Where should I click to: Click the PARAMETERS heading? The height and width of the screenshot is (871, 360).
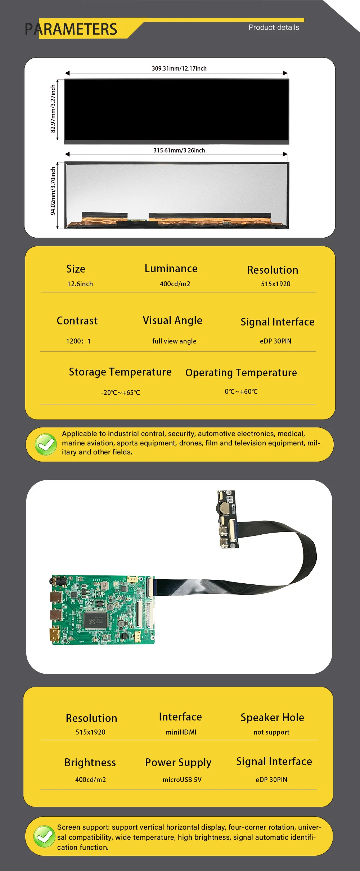click(71, 29)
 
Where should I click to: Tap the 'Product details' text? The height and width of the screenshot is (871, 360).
click(274, 27)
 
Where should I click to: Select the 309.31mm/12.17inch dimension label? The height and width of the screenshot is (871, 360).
click(179, 68)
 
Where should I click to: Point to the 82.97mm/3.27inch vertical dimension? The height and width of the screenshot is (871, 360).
click(53, 109)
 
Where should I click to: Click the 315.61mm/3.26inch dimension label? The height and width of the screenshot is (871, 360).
click(179, 150)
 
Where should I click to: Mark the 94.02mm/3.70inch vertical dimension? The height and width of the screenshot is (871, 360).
click(53, 190)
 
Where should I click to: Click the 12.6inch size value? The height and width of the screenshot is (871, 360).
click(80, 284)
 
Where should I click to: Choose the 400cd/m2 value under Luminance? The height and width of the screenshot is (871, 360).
click(175, 284)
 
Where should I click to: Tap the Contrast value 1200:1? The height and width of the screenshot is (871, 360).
click(78, 341)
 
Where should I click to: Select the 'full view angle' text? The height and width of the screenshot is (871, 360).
click(174, 341)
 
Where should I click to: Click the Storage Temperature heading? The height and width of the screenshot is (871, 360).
click(120, 372)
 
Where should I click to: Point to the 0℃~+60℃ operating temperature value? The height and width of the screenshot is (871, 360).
click(241, 391)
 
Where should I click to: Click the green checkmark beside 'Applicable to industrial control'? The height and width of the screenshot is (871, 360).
click(46, 444)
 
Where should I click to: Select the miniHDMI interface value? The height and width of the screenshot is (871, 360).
click(181, 732)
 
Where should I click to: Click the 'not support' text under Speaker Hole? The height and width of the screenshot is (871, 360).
click(271, 732)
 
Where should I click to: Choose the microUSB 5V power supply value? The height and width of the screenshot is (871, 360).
click(182, 780)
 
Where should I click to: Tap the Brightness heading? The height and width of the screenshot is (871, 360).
click(90, 762)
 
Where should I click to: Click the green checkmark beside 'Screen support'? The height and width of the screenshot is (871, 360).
click(44, 836)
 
